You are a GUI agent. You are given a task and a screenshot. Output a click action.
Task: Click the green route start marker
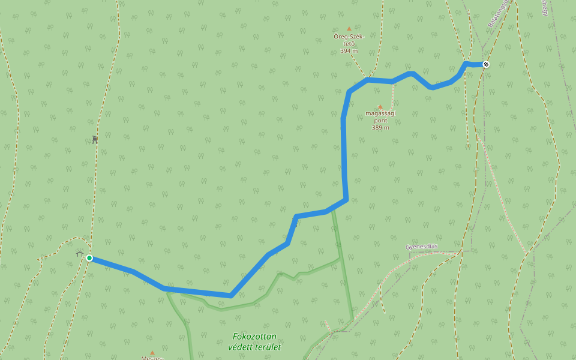pos(89,258)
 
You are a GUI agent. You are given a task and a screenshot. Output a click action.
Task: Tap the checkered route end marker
pos(486,64)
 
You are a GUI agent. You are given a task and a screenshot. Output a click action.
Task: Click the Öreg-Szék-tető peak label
pos(349,40)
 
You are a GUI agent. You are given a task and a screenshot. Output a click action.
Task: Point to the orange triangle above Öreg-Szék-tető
pos(349,28)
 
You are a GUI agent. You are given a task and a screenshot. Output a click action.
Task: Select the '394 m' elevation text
pos(349,51)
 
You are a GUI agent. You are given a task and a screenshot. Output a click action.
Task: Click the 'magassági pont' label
pos(380,116)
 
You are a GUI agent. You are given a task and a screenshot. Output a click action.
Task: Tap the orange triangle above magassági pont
pos(380,107)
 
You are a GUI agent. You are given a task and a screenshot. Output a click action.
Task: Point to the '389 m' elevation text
pos(380,127)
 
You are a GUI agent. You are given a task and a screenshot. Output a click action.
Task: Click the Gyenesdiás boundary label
pos(421,247)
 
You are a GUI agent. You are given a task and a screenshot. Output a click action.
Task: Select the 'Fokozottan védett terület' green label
pos(254,341)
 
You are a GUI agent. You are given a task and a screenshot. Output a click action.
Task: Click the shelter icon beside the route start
pos(79,254)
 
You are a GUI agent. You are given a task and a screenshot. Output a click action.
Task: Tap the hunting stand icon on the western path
pos(95,139)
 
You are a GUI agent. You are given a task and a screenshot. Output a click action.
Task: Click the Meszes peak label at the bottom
pos(152,358)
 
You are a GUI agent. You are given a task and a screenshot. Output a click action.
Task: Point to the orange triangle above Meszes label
pos(152,352)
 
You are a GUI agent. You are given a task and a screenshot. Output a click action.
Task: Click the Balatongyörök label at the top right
pos(498,13)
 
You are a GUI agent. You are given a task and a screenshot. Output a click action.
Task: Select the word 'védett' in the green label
pos(240,347)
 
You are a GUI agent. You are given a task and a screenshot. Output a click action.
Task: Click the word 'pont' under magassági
pos(380,120)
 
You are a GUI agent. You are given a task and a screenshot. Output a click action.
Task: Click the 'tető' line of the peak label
pos(349,44)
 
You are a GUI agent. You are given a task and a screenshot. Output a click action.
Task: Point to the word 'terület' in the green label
pos(268,347)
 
